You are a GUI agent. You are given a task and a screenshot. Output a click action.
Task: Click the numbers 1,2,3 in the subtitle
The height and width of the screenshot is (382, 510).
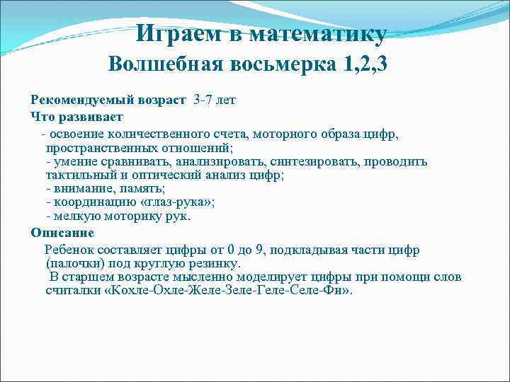(365, 64)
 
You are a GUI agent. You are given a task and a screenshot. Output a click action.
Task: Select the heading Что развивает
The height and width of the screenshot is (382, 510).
(77, 115)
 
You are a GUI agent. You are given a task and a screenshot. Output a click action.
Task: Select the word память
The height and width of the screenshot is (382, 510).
(142, 189)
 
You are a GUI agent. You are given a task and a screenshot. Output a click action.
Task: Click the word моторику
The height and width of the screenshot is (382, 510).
(132, 216)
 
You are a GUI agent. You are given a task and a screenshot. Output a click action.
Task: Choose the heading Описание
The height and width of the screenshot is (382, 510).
(62, 232)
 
